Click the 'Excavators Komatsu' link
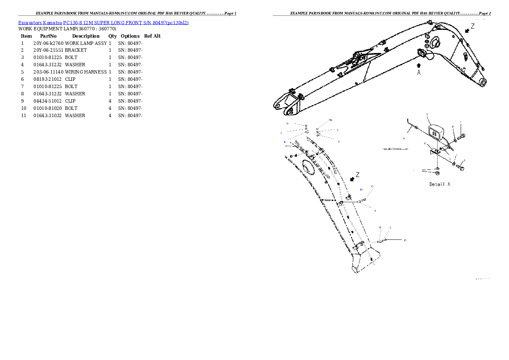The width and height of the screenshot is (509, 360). pos(40,22)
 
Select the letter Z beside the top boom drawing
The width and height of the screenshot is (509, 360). pos(473,26)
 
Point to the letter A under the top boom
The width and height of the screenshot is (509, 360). pos(419,73)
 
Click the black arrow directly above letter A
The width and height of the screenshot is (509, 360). pos(419,65)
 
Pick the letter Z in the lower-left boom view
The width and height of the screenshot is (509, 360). pos(358,174)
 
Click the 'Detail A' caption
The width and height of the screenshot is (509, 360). pos(439,184)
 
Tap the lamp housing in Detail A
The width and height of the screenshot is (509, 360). pos(435,133)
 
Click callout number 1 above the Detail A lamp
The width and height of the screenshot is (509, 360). pos(427,115)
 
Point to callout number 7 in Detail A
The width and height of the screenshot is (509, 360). pos(461,122)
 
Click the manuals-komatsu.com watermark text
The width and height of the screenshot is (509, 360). pos(395,149)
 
